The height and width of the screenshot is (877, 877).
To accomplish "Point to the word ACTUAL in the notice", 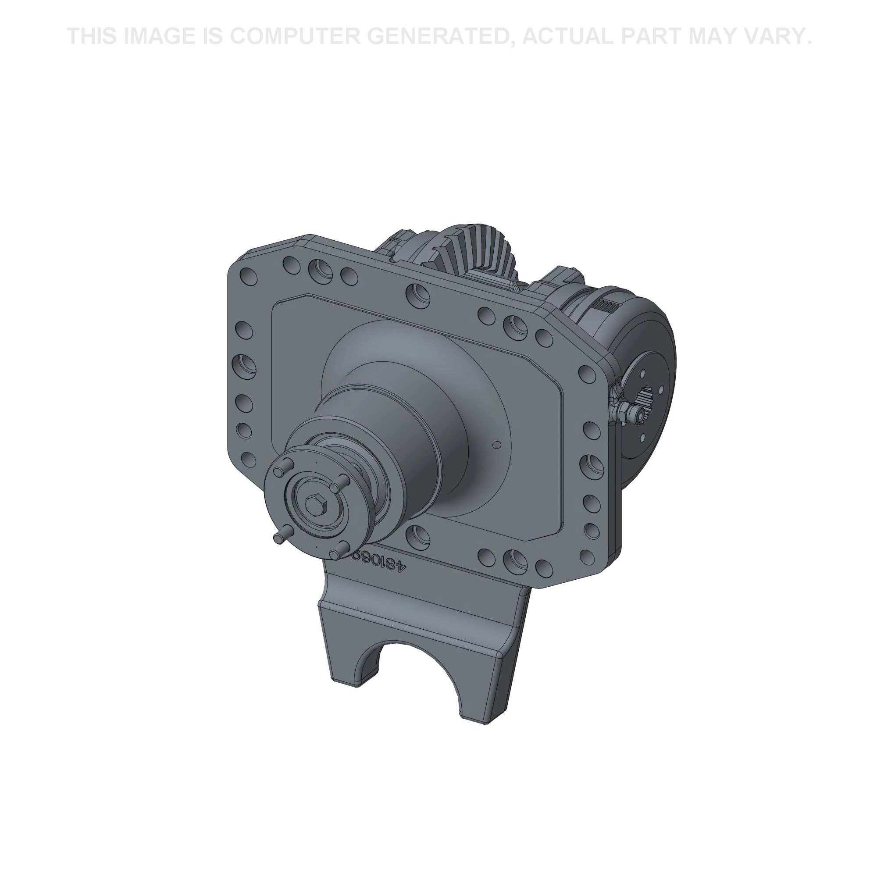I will pos(566,36).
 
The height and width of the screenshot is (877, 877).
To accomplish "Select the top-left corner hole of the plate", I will pos(249,275).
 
